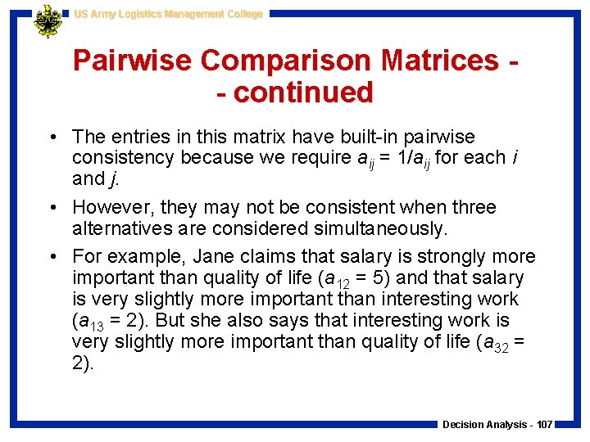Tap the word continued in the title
[x=303, y=92]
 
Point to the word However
[x=111, y=207]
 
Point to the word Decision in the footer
[x=461, y=425]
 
